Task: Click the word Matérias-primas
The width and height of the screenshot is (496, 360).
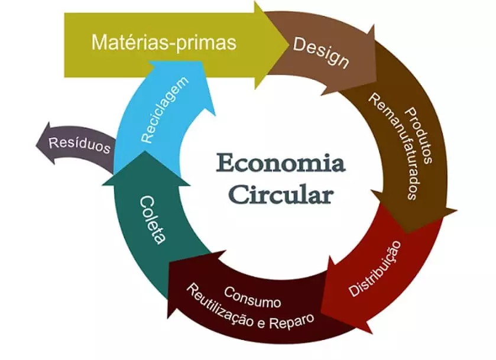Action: (x=164, y=42)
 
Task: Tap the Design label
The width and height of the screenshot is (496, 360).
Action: (x=321, y=53)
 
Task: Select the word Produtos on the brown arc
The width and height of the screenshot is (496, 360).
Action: (x=419, y=135)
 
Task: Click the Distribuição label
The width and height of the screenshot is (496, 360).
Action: (x=375, y=268)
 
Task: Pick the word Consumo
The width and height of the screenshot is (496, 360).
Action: (x=252, y=297)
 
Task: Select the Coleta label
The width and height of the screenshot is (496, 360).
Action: (x=152, y=219)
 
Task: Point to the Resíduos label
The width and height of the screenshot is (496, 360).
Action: (x=80, y=145)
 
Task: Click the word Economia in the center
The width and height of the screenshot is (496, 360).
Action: (x=281, y=164)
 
